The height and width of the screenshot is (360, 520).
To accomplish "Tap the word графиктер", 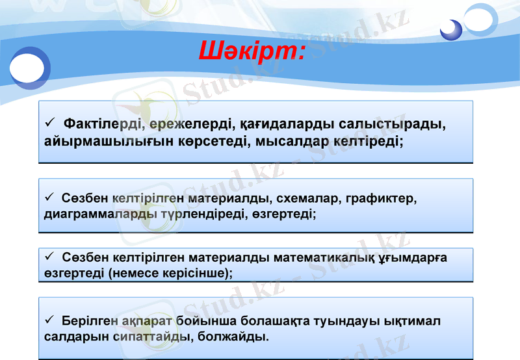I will pyautogui.click(x=382, y=198).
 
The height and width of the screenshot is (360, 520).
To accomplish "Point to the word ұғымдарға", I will pyautogui.click(x=412, y=258).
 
